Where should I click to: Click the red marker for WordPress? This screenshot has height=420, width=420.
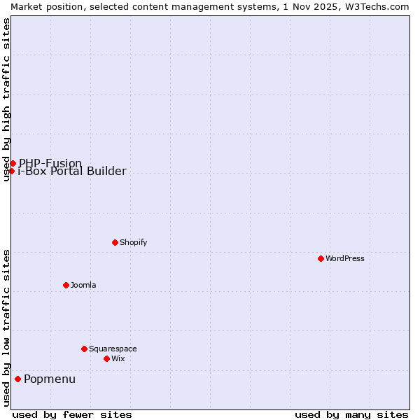pyautogui.click(x=321, y=258)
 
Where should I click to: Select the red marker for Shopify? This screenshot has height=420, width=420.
pyautogui.click(x=115, y=242)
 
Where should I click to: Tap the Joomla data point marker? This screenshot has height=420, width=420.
pyautogui.click(x=66, y=285)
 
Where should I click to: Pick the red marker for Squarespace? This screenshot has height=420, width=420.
pyautogui.click(x=84, y=349)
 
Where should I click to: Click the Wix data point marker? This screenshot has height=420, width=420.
pyautogui.click(x=106, y=358)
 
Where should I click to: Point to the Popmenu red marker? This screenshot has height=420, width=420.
pyautogui.click(x=17, y=379)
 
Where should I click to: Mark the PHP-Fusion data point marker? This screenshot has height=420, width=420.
pyautogui.click(x=13, y=163)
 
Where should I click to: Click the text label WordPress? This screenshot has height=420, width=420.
pyautogui.click(x=345, y=258)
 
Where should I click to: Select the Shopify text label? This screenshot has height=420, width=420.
pyautogui.click(x=133, y=242)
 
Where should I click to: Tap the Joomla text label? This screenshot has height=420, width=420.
pyautogui.click(x=83, y=285)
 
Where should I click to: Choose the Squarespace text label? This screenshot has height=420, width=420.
pyautogui.click(x=113, y=349)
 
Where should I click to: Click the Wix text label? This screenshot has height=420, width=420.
pyautogui.click(x=118, y=358)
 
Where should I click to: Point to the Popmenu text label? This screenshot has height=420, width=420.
pyautogui.click(x=50, y=379)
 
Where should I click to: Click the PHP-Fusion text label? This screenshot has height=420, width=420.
pyautogui.click(x=50, y=163)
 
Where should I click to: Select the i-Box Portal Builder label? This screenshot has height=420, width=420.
pyautogui.click(x=72, y=171)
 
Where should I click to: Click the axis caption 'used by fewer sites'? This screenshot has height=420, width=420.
pyautogui.click(x=72, y=414)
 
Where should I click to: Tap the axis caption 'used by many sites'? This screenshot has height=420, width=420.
pyautogui.click(x=351, y=414)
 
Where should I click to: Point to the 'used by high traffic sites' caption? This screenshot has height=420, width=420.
pyautogui.click(x=6, y=99)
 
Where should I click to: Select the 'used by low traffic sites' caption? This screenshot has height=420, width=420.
pyautogui.click(x=6, y=328)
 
